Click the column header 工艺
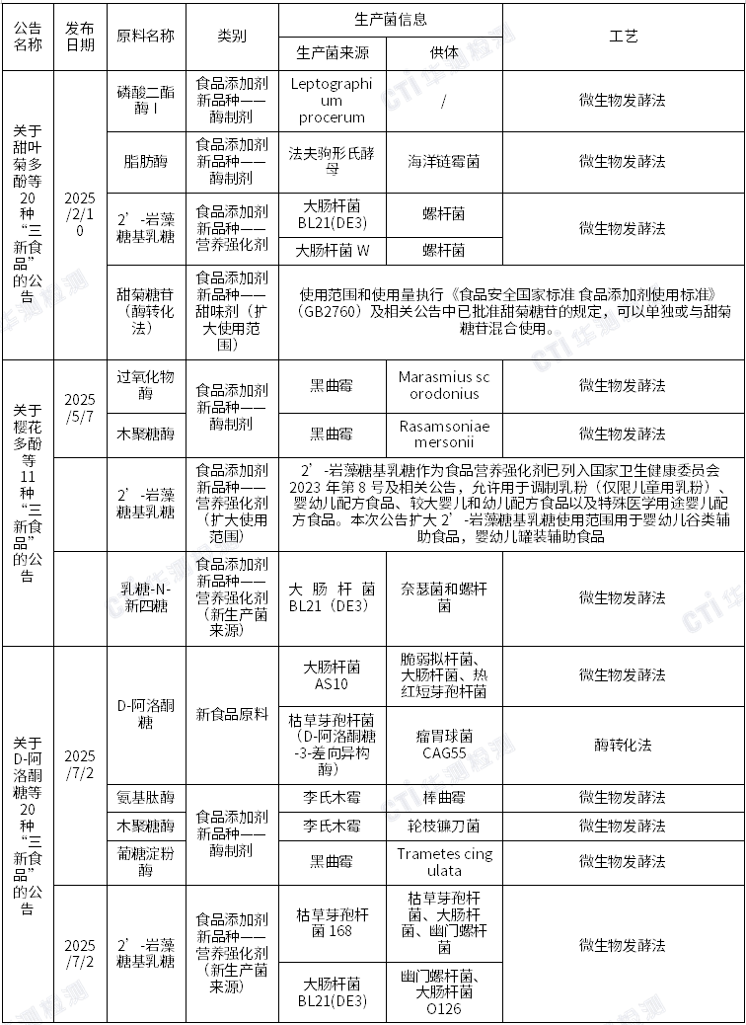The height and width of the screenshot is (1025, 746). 624,37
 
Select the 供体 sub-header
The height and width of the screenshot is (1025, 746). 444,53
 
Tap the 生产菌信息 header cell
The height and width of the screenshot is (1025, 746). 390,20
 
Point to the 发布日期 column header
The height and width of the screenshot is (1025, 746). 80,37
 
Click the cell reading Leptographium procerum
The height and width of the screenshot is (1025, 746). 332,100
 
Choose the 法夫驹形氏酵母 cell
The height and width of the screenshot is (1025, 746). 332,161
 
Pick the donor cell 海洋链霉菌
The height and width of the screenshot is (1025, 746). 444,161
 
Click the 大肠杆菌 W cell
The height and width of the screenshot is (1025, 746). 332,250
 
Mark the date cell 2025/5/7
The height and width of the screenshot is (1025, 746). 80,408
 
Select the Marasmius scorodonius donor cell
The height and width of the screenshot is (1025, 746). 444,385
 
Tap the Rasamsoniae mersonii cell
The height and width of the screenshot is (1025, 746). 444,434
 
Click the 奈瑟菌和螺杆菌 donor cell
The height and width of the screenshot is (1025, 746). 444,597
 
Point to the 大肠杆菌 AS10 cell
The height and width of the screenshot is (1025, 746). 332,675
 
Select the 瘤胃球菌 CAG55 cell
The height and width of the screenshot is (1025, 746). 444,745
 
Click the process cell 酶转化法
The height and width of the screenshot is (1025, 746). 624,745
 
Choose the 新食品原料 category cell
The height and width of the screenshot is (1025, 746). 232,714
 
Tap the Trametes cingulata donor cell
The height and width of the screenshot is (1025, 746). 444,862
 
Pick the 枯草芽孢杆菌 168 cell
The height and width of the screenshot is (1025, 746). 332,922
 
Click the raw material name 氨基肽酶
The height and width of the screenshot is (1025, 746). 145,797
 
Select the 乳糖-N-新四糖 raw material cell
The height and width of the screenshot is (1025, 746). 145,597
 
